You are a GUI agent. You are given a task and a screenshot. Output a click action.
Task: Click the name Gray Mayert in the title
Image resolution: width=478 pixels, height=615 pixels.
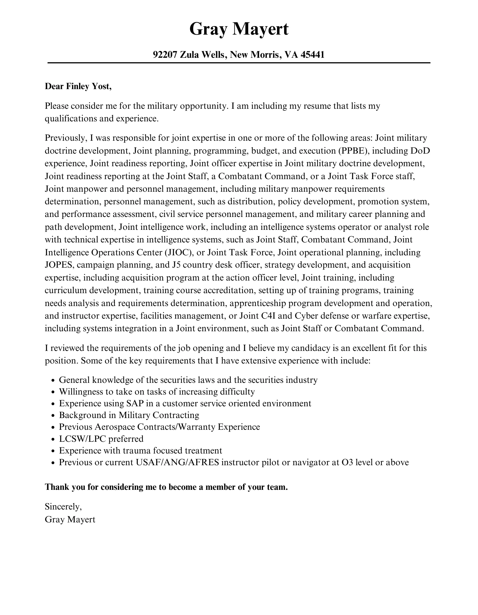point(239,29)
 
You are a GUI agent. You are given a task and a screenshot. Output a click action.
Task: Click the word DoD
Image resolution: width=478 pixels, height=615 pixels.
point(420,151)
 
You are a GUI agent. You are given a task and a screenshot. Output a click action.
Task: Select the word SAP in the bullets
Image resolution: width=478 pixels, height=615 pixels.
point(135,403)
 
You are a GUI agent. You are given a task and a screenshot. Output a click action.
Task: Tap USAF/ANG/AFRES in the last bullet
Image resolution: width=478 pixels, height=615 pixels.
point(177,462)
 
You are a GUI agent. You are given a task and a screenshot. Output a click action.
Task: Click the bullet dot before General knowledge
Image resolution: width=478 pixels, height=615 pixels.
point(53,381)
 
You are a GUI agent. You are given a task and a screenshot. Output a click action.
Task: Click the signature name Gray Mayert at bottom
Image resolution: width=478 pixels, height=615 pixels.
point(70,519)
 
